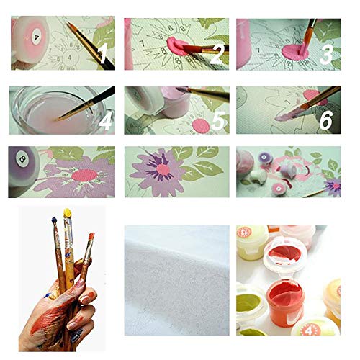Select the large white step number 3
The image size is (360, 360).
click(x=326, y=55)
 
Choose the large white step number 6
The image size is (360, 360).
click(x=325, y=120)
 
